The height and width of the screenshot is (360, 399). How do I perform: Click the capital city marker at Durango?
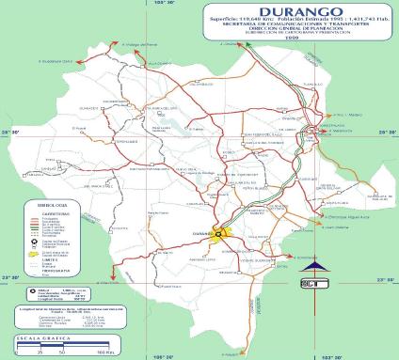coord(217,234)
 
